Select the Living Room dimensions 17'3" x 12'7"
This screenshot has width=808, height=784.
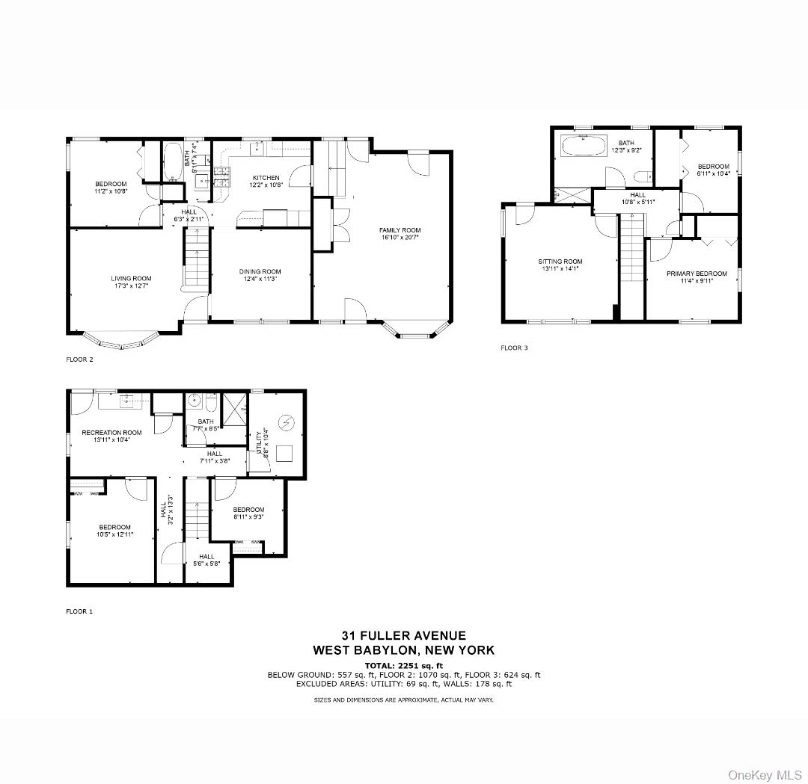(x=132, y=286)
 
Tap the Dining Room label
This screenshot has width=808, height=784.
(x=260, y=271)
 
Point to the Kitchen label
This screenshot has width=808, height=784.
(x=266, y=178)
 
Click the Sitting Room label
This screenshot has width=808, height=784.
(x=560, y=262)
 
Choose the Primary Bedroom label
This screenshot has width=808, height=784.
(x=692, y=274)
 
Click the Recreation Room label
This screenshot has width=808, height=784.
(x=111, y=433)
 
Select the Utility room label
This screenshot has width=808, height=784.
(x=260, y=442)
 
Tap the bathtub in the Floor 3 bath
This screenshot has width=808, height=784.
(x=584, y=146)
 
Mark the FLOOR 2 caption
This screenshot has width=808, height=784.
(x=80, y=359)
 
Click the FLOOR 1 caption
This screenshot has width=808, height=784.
(x=80, y=611)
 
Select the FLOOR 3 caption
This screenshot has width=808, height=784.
(x=515, y=348)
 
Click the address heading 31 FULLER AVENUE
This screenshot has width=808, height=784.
(x=403, y=635)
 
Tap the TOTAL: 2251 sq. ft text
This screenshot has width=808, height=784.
(x=403, y=665)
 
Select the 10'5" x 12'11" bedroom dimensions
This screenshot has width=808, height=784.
(x=115, y=534)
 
